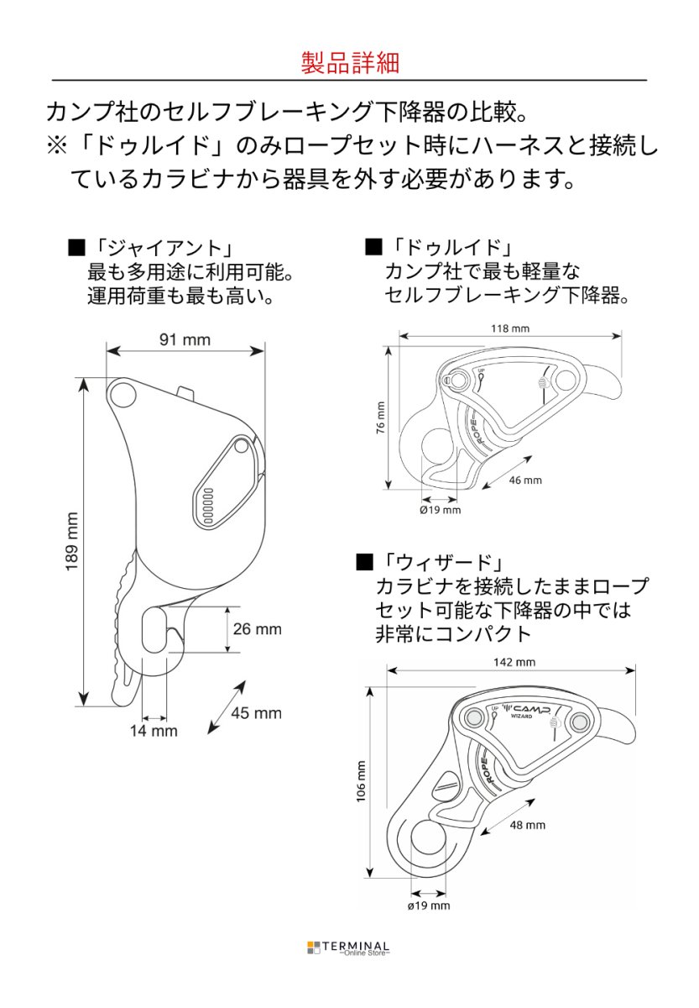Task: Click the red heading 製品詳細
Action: pyautogui.click(x=349, y=63)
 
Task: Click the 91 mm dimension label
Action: pyautogui.click(x=185, y=340)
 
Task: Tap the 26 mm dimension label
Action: pyautogui.click(x=257, y=629)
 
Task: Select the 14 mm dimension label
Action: pyautogui.click(x=154, y=731)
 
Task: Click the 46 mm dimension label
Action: pyautogui.click(x=525, y=480)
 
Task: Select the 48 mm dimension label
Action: pyautogui.click(x=527, y=825)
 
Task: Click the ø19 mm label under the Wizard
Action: pyautogui.click(x=428, y=906)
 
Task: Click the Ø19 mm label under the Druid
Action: pyautogui.click(x=440, y=509)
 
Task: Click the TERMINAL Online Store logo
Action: pyautogui.click(x=348, y=948)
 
